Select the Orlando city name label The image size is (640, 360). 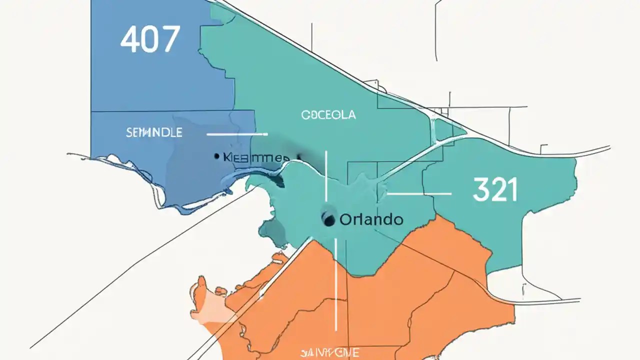371,219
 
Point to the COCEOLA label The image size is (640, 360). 328,115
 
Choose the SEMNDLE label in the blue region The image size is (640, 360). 154,132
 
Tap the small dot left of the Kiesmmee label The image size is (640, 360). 216,156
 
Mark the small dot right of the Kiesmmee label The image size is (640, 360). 299,157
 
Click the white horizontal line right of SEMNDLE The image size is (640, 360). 237,134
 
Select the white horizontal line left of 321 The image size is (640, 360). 419,193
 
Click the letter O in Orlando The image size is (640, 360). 344,219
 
